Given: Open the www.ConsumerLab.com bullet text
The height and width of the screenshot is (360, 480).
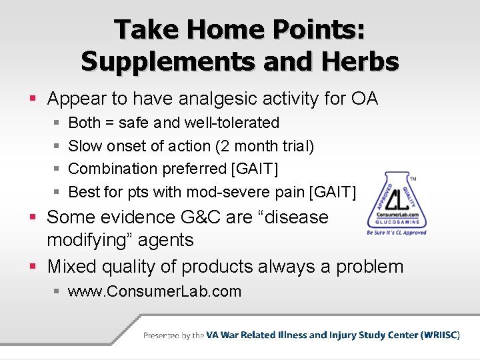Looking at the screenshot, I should pos(155,291).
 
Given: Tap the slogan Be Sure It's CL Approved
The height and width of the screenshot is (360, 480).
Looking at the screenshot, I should pos(397,233).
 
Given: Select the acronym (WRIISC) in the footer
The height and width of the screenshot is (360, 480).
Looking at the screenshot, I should pos(441,335).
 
